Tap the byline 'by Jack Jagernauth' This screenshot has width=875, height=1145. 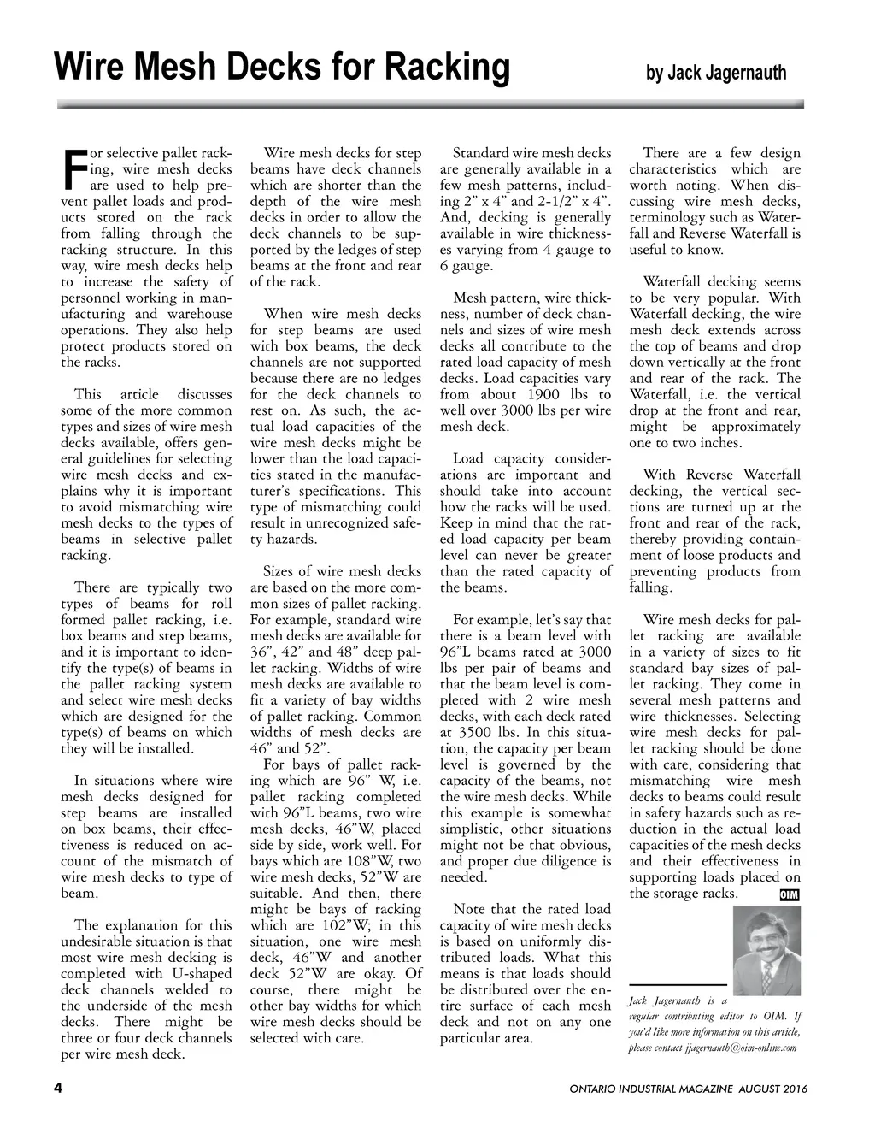(x=715, y=74)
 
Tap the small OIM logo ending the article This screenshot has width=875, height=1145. (x=790, y=895)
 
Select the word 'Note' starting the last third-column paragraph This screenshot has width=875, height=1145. (x=469, y=909)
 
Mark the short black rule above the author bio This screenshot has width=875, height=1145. (x=678, y=986)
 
